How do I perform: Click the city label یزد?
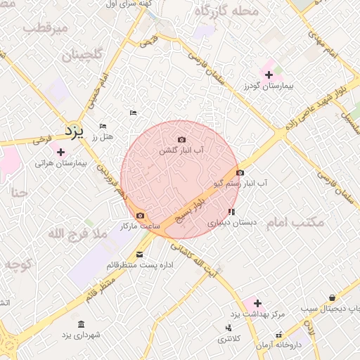tap(74, 131)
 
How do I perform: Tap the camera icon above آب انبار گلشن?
tap(182, 140)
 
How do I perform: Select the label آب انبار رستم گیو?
tap(242, 183)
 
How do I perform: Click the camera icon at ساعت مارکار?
tap(140, 215)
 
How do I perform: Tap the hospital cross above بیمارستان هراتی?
tap(60, 152)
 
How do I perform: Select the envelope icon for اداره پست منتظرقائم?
tap(140, 255)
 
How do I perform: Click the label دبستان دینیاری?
tap(231, 221)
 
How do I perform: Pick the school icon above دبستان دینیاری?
tap(231, 211)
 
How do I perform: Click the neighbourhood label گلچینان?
tap(82, 55)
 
